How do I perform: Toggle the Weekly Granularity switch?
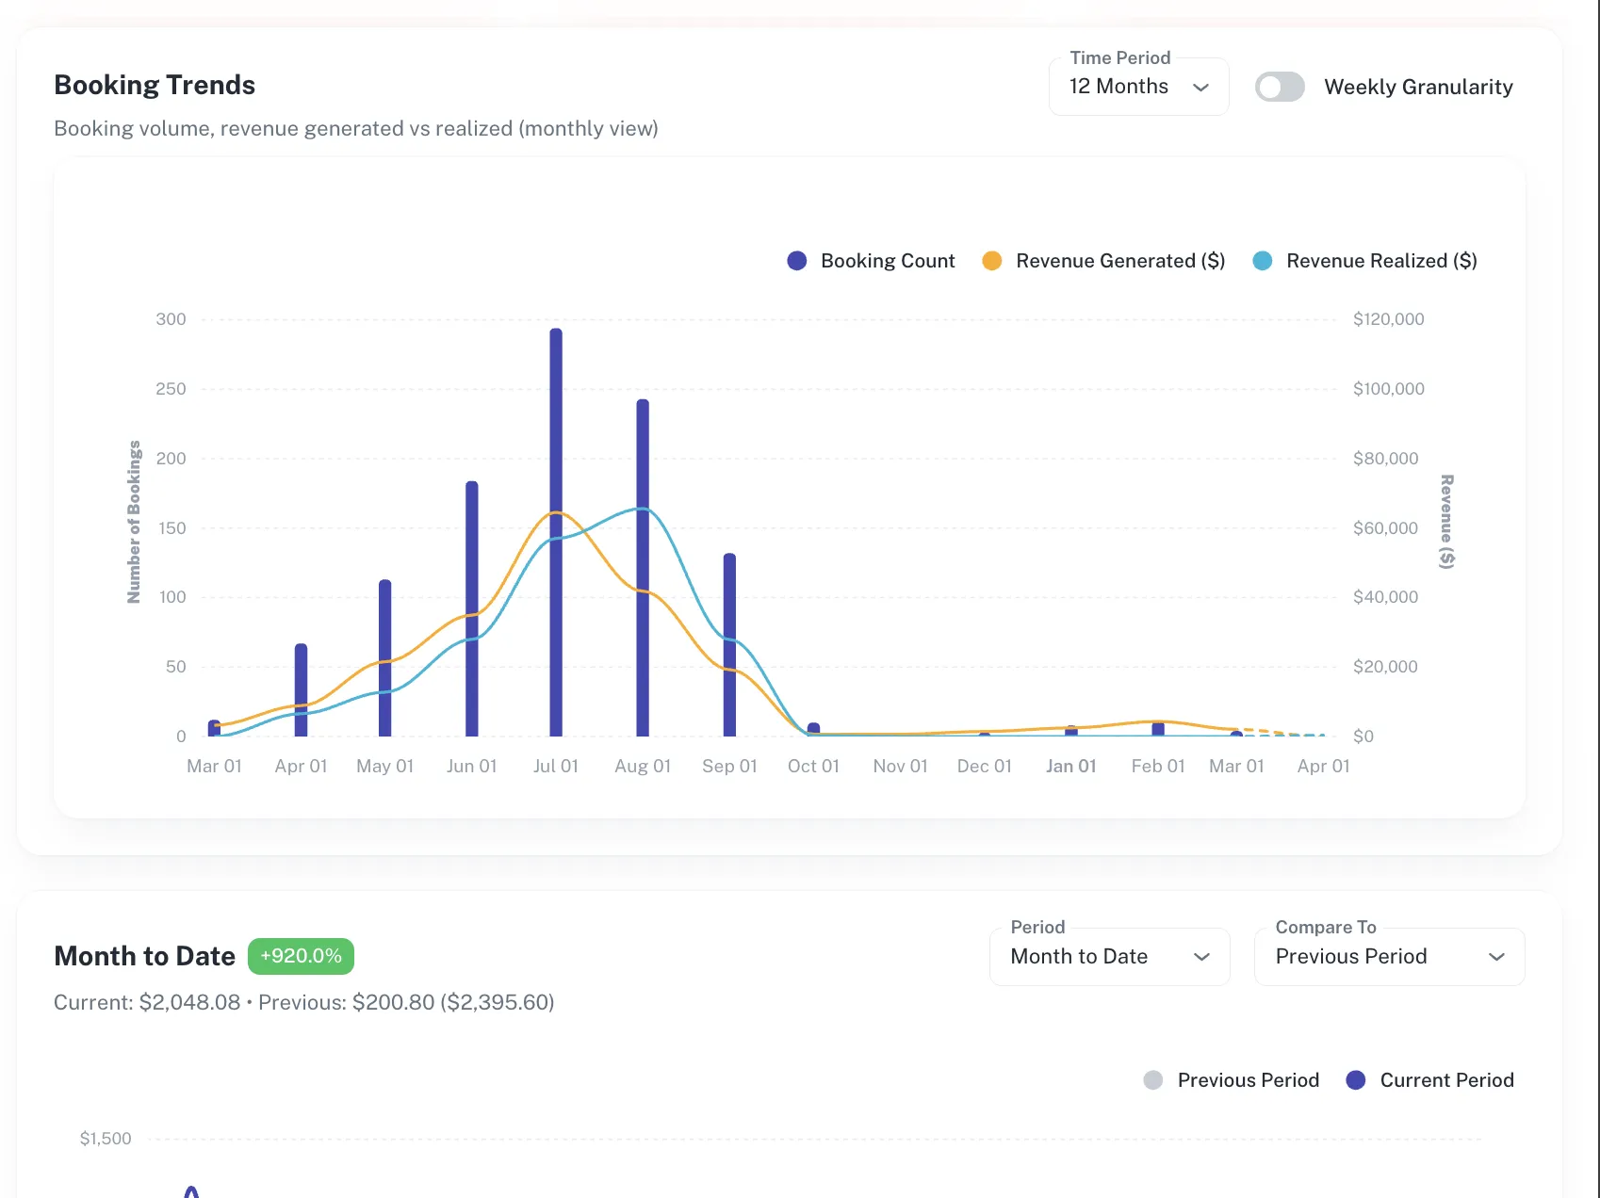click(1280, 87)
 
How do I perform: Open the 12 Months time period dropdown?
click(1138, 87)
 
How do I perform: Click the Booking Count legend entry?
click(872, 261)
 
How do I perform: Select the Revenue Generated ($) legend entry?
click(1104, 261)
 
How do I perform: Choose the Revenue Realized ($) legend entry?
click(1365, 261)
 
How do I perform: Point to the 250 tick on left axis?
click(171, 389)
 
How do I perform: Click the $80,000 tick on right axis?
click(1385, 459)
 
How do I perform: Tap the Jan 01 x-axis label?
click(1070, 767)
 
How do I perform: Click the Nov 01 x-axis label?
click(900, 767)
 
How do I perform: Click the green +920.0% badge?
click(301, 956)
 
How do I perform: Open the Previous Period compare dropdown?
click(1389, 957)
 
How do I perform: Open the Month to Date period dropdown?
click(1109, 957)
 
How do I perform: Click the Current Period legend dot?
click(1356, 1080)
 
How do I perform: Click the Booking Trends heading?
click(155, 85)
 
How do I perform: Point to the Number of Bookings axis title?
click(134, 522)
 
